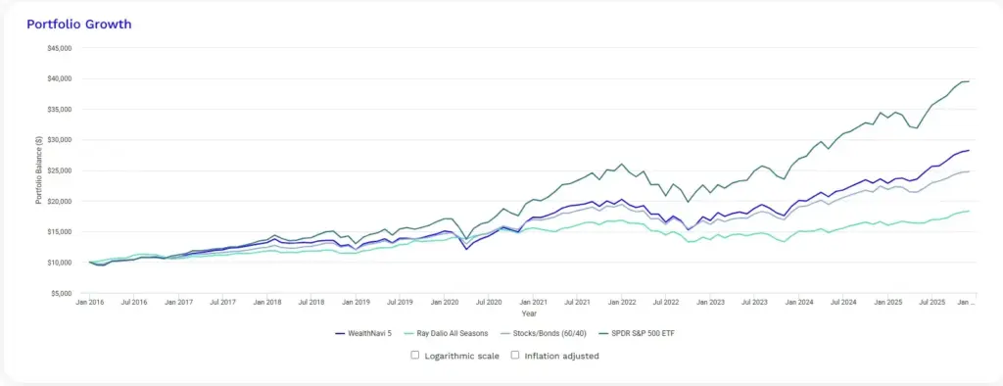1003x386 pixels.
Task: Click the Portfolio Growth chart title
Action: (x=79, y=23)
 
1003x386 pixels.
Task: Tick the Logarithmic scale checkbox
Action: (x=415, y=355)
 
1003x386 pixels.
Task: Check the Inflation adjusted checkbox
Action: (x=515, y=355)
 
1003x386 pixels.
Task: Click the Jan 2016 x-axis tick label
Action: (x=89, y=305)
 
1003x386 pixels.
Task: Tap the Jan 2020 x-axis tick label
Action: (x=445, y=305)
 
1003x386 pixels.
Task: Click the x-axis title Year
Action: (x=529, y=315)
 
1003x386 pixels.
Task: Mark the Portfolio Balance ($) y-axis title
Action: (x=39, y=170)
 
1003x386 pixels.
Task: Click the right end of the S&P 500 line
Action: (x=969, y=81)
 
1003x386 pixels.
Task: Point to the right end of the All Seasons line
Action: (x=969, y=211)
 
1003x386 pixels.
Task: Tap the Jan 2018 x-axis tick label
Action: (x=266, y=305)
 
